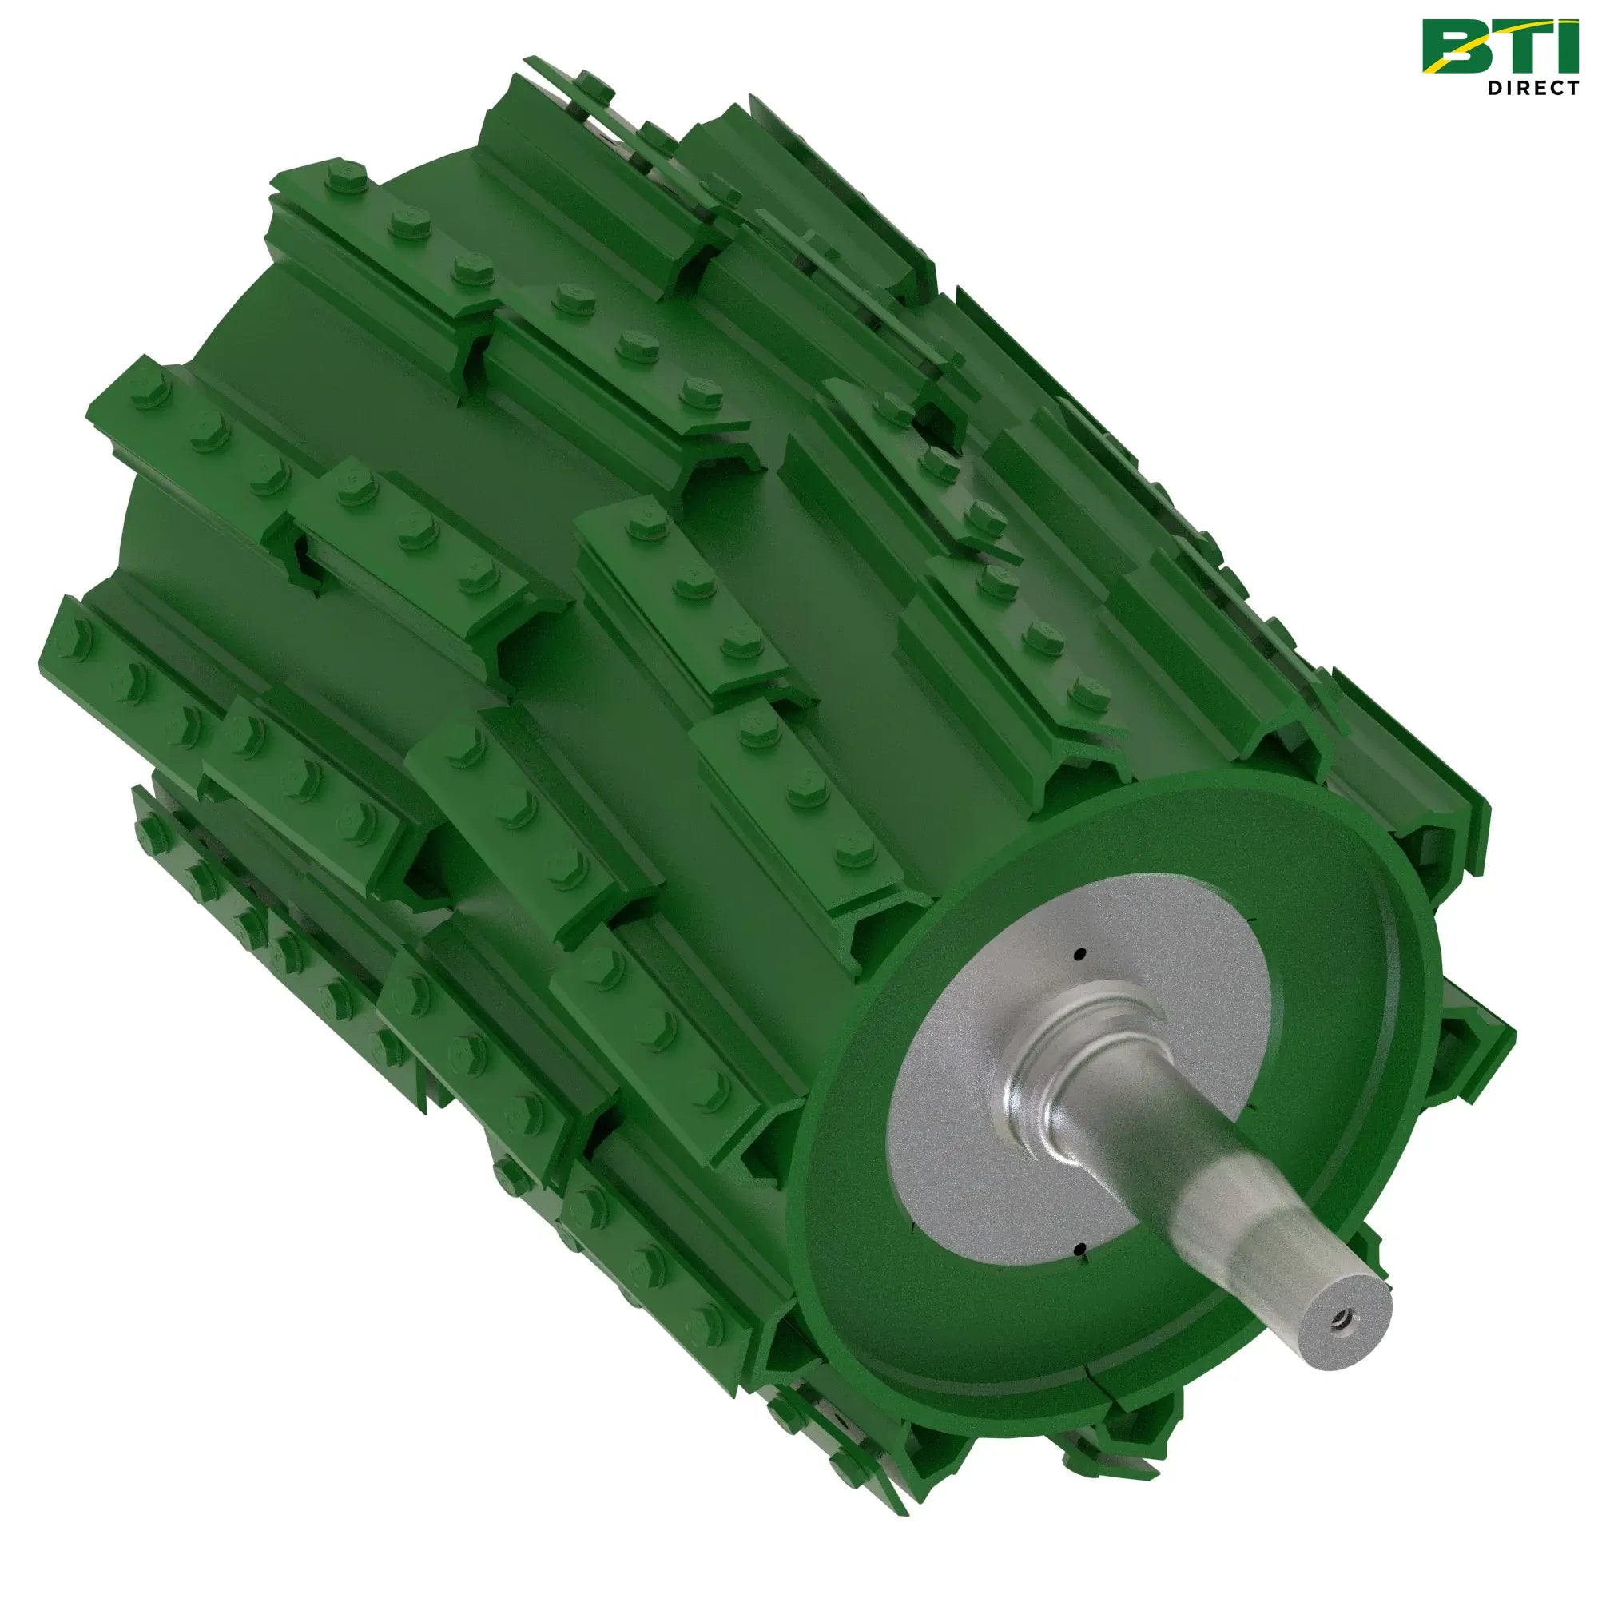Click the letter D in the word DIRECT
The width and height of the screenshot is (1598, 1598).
(1496, 88)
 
